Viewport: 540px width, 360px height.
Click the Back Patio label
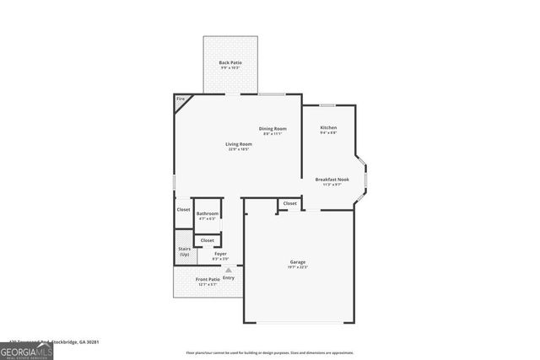(x=230, y=62)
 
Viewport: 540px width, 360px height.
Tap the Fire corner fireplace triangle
(x=181, y=101)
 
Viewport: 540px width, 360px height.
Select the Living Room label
(x=239, y=144)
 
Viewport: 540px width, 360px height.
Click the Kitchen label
(x=328, y=128)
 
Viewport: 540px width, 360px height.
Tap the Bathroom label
(x=208, y=214)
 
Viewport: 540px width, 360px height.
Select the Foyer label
(x=220, y=253)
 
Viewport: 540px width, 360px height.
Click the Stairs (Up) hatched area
(x=184, y=250)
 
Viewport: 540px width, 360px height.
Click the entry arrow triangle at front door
(x=228, y=270)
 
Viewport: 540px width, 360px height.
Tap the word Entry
(x=229, y=278)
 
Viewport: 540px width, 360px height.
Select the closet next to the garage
(x=289, y=203)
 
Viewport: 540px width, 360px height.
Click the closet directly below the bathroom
(x=208, y=240)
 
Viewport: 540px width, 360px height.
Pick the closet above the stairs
(x=183, y=210)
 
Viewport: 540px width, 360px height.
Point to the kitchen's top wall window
(x=327, y=105)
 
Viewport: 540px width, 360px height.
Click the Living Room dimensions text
(x=239, y=149)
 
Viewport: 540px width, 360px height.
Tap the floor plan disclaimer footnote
(x=269, y=352)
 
